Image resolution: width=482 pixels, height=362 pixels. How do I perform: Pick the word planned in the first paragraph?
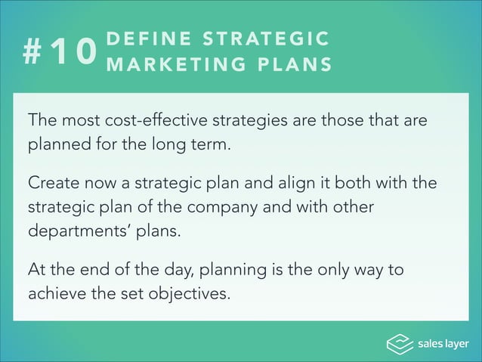tap(55, 144)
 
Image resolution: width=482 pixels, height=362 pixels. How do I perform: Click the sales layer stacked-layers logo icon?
tap(399, 344)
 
